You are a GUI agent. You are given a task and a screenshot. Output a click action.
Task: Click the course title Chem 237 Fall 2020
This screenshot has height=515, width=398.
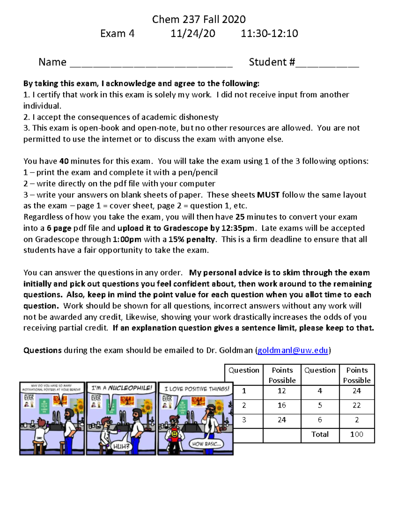tap(199, 19)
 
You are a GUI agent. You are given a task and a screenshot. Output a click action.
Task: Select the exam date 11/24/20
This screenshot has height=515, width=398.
tap(193, 33)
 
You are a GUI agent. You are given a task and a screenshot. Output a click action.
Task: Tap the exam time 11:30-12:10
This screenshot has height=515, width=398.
tap(269, 33)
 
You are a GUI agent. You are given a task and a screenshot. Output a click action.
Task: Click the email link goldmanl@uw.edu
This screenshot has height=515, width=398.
tap(293, 350)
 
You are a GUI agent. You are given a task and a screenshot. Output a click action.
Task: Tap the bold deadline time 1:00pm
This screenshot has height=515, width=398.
tap(127, 239)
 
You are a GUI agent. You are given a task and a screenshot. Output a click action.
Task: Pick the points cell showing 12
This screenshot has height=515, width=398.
tap(282, 391)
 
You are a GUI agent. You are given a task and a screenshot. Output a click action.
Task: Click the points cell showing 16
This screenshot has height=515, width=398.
tap(282, 405)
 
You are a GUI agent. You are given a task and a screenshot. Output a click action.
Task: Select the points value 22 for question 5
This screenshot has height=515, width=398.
tap(357, 405)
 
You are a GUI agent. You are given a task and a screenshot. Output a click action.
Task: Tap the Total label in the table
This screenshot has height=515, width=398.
tap(320, 434)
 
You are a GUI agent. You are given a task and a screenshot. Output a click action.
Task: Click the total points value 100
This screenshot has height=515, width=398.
tap(357, 434)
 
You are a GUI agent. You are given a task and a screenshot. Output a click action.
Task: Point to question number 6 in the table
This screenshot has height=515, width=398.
tap(320, 420)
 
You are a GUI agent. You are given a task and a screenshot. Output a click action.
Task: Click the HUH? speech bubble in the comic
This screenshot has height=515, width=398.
tap(121, 446)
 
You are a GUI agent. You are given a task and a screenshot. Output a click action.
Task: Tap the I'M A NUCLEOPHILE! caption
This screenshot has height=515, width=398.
tap(121, 388)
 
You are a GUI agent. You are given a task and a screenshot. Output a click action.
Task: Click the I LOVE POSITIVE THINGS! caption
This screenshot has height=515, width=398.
tap(197, 389)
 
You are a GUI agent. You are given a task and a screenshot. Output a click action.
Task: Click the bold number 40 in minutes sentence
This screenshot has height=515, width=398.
tap(64, 161)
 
